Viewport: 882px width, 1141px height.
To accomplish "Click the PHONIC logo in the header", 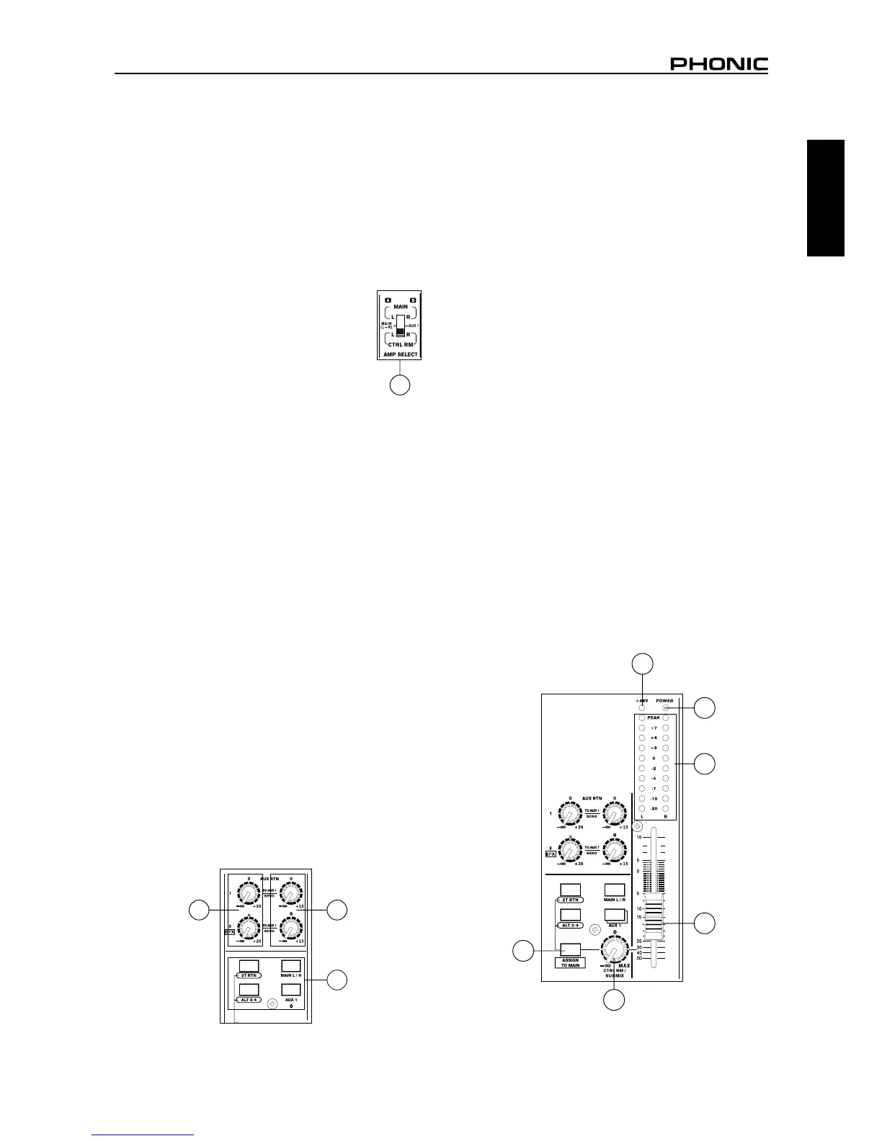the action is (719, 65).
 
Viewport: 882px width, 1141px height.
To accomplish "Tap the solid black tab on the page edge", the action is (825, 198).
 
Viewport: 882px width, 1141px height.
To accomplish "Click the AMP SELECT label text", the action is (400, 354).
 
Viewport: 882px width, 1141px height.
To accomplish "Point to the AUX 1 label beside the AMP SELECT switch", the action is (414, 326).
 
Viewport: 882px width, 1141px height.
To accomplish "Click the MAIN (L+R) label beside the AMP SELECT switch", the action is (386, 326).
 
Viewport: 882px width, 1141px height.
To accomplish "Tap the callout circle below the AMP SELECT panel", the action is (400, 385).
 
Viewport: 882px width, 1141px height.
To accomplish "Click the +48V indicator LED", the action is (642, 708).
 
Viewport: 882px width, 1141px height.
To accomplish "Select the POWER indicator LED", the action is (666, 708).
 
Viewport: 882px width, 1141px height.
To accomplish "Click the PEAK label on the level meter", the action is (654, 718).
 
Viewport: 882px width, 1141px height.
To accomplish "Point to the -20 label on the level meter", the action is (654, 809).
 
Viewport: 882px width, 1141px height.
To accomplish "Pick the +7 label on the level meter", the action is (654, 728).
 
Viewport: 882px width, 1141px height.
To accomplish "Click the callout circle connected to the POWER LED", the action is (705, 707).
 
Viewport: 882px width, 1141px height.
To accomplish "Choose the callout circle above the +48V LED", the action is (643, 663).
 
